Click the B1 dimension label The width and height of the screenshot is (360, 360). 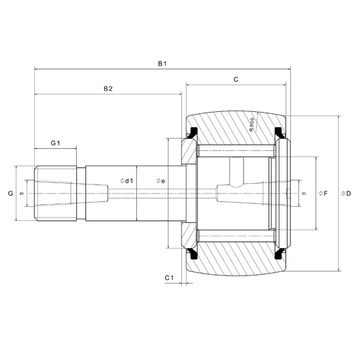point(161,64)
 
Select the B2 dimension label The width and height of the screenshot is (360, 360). point(108,89)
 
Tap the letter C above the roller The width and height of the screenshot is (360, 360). point(236,80)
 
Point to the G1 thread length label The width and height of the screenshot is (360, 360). point(55,143)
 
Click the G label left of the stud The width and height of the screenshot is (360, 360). point(10,192)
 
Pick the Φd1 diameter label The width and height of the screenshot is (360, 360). point(127,181)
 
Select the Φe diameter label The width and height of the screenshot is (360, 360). point(160,181)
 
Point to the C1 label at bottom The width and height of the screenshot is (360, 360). point(168,278)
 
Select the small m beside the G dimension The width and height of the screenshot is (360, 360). point(22,193)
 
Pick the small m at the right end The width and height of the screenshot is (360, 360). point(303,192)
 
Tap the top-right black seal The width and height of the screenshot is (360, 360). point(281,133)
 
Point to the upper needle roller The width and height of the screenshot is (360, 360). point(234,151)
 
